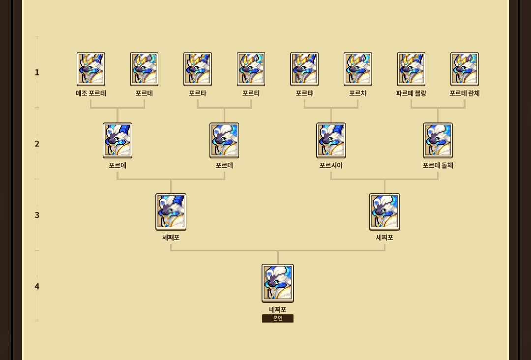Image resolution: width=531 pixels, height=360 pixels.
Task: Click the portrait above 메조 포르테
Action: (x=91, y=69)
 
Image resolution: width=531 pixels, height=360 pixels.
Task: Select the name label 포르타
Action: (x=198, y=93)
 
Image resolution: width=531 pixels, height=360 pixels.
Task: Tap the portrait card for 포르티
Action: (x=251, y=69)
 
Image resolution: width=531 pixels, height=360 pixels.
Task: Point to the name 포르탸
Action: (x=304, y=93)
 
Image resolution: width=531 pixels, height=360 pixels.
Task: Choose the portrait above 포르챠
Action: (x=357, y=69)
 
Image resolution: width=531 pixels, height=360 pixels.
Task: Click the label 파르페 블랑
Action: (x=411, y=93)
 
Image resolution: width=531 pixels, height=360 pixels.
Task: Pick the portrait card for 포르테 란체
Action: (x=465, y=69)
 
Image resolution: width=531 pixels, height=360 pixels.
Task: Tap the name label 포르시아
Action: (x=331, y=166)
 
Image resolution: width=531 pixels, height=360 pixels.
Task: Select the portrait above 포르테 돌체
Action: (x=438, y=141)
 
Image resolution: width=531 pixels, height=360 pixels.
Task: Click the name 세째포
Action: (x=171, y=238)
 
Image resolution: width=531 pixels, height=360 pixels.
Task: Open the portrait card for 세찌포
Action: (x=384, y=212)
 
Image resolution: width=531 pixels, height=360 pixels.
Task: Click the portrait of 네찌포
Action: (x=278, y=283)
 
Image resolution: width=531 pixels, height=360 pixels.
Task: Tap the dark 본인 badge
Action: (x=278, y=318)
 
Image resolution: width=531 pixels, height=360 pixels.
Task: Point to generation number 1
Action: (x=37, y=72)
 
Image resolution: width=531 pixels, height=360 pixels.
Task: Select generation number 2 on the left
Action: (x=37, y=144)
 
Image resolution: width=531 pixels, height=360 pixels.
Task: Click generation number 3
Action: (x=37, y=215)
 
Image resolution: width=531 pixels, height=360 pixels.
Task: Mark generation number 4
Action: (x=37, y=287)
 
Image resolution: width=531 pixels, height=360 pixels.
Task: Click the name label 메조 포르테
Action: (x=91, y=93)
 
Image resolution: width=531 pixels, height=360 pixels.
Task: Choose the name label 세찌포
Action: (x=384, y=238)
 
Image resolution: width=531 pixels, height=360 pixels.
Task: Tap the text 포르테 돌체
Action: (x=438, y=166)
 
